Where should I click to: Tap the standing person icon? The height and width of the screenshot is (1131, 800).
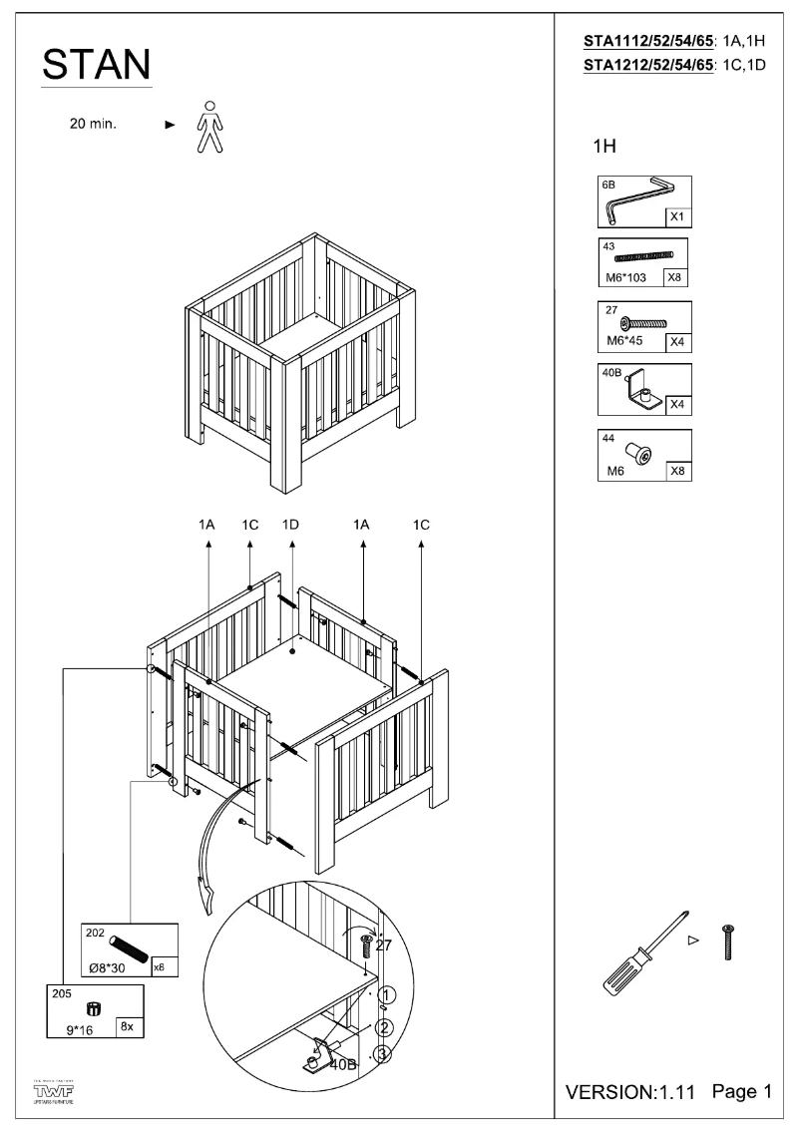point(207,126)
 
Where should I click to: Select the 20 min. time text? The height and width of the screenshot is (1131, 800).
point(93,125)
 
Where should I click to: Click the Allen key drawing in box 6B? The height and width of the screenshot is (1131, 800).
point(638,198)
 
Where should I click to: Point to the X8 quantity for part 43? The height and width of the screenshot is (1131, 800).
point(674,278)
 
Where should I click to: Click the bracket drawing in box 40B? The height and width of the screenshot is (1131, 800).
point(643,392)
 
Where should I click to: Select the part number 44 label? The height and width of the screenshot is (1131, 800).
point(608,438)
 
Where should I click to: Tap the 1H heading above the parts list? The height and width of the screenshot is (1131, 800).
point(604,147)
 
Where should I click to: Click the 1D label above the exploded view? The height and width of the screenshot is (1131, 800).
point(291,525)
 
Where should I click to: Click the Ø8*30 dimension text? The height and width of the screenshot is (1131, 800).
point(109,966)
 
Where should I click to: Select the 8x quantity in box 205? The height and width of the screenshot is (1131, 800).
point(127,1026)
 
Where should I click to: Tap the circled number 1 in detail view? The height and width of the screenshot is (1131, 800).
point(388,994)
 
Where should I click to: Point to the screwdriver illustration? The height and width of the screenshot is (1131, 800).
point(640,955)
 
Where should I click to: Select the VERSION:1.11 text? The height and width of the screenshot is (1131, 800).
point(630,1093)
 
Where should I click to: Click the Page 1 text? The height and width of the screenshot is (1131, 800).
point(741,1092)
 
